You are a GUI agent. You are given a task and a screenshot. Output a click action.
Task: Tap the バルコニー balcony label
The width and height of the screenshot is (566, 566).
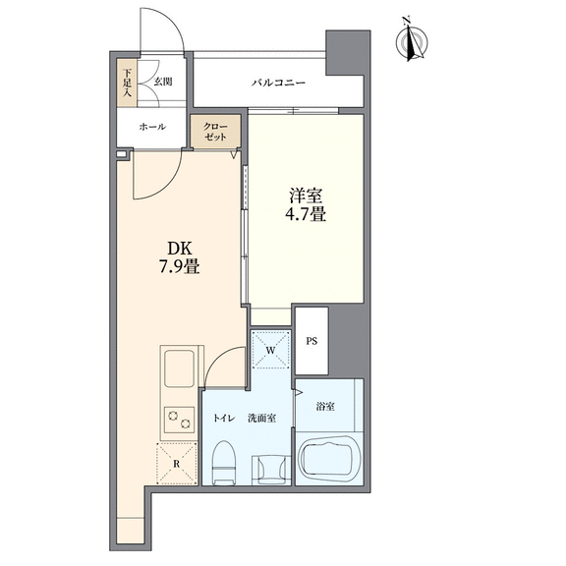click(x=278, y=83)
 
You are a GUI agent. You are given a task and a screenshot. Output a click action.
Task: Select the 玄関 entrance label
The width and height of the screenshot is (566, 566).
click(x=163, y=82)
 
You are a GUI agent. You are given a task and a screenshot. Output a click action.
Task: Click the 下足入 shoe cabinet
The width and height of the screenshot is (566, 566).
click(x=127, y=83)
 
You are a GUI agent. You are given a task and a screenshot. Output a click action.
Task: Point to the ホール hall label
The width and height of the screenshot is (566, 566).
click(x=152, y=127)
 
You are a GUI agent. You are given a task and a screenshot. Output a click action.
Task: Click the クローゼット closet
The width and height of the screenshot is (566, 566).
click(x=215, y=132)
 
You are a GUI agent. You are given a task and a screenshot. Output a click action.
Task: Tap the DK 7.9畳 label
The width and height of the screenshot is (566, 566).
click(x=180, y=257)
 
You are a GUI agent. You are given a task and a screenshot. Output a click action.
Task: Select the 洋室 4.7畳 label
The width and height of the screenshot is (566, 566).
click(x=306, y=205)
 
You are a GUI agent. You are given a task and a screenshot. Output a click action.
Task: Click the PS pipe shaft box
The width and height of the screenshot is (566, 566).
click(x=311, y=341)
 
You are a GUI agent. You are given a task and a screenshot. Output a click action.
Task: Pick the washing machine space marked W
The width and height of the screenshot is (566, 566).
click(x=271, y=350)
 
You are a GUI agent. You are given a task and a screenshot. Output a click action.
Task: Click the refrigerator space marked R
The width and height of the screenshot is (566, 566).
click(x=177, y=463)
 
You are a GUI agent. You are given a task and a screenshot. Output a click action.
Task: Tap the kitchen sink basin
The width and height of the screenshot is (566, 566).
click(x=179, y=368)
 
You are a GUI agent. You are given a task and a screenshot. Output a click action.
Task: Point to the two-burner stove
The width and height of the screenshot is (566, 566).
click(x=179, y=420)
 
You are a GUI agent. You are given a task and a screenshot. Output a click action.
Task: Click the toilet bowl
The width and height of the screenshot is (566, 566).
click(x=224, y=463)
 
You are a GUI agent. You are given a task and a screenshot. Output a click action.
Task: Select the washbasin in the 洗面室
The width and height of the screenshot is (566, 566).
click(x=271, y=470)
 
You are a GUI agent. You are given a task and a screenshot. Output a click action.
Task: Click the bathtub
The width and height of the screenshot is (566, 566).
click(x=328, y=458)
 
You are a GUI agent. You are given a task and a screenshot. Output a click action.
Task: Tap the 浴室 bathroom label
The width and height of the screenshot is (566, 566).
click(x=325, y=407)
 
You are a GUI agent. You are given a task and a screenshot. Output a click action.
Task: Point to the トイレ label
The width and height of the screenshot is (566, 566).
click(x=224, y=419)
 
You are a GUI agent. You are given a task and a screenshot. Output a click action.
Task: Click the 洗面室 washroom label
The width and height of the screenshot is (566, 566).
click(x=262, y=418)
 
